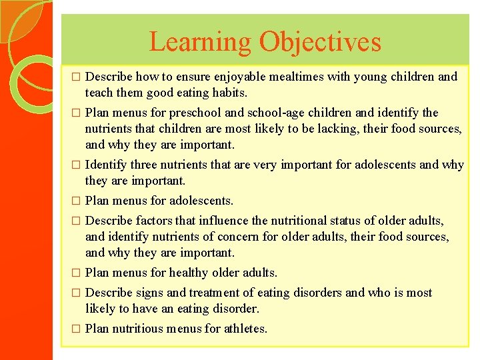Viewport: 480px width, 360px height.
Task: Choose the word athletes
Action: tap(245, 329)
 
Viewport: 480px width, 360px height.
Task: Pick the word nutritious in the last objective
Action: tap(137, 329)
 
